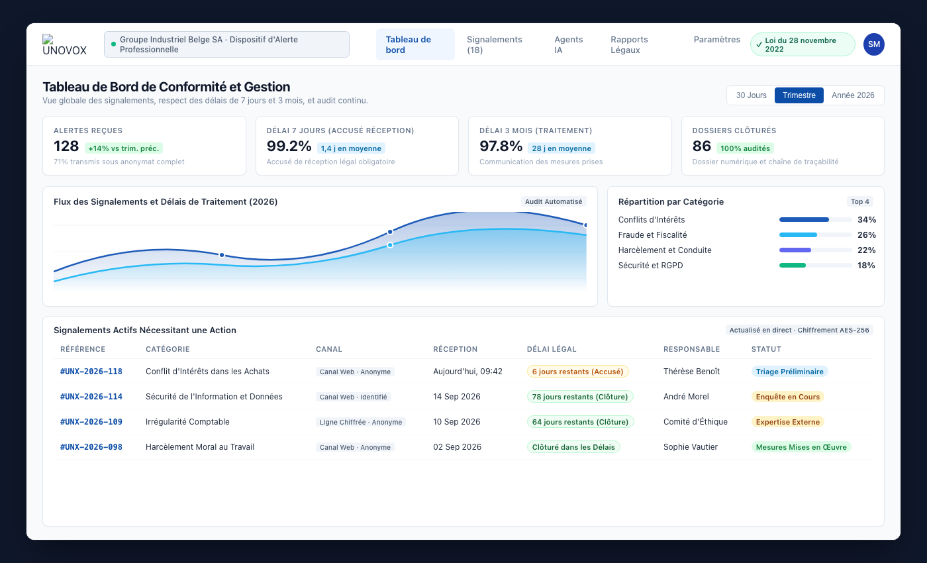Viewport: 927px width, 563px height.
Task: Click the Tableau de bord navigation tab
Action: click(415, 44)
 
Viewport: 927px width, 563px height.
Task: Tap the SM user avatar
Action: click(873, 44)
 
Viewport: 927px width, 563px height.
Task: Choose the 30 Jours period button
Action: click(751, 95)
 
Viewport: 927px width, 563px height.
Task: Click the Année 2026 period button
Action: click(853, 95)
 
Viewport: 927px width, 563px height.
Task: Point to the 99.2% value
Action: click(289, 146)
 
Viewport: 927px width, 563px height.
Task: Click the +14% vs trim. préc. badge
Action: click(124, 148)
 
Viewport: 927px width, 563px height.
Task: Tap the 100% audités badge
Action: click(745, 148)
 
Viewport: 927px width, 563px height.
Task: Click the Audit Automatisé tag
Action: click(554, 201)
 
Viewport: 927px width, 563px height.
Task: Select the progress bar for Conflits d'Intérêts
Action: click(815, 219)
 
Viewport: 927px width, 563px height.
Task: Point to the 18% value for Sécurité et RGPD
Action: click(866, 266)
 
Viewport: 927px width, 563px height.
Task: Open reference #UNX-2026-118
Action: click(91, 372)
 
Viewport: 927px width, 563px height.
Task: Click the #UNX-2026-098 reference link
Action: click(91, 446)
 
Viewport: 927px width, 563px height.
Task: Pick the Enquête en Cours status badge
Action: click(787, 397)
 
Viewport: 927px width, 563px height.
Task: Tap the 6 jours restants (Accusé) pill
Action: click(577, 372)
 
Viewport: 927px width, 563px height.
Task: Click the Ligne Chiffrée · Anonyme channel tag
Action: click(360, 422)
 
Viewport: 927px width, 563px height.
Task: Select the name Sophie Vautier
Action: click(690, 446)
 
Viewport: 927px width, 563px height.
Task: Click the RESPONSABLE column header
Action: click(691, 349)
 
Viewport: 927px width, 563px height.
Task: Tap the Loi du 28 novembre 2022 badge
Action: click(803, 44)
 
